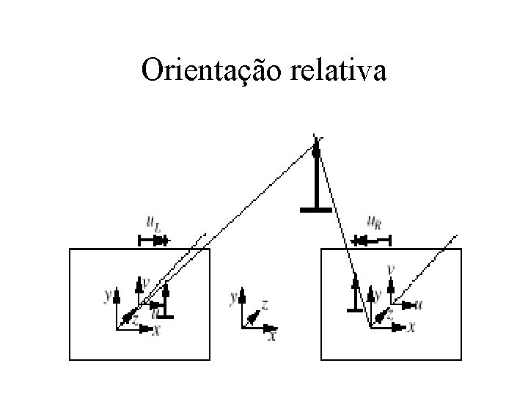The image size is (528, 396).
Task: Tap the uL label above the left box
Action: [x=153, y=221]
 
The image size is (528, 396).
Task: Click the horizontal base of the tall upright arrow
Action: [x=317, y=210]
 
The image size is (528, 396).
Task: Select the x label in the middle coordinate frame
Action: [x=273, y=336]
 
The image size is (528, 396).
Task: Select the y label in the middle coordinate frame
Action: [x=233, y=298]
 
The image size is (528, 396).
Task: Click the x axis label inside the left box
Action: [x=155, y=331]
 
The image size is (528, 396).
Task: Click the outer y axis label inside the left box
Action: [x=108, y=296]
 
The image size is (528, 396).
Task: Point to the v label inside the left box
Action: [x=146, y=280]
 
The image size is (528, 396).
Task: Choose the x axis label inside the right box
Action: [x=411, y=328]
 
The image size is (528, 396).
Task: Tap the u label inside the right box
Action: [x=418, y=303]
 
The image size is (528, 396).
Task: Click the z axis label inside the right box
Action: [x=389, y=314]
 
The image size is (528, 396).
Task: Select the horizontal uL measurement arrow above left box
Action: [x=153, y=240]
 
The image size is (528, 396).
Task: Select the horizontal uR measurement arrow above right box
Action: [x=371, y=240]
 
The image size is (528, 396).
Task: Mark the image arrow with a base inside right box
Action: [x=356, y=293]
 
